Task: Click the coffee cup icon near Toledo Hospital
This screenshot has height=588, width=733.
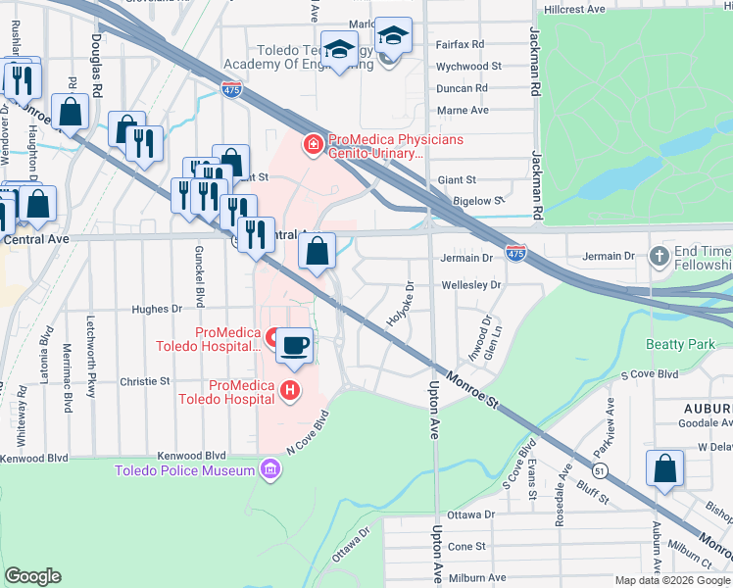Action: [294, 345]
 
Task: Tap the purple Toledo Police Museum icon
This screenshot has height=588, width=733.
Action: [269, 470]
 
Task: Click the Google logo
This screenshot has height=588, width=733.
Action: [34, 575]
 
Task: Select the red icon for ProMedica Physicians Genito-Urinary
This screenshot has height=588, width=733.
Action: [313, 146]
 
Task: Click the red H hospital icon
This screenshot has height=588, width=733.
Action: [289, 391]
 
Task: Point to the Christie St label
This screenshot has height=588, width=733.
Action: [145, 380]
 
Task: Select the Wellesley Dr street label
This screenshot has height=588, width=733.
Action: [471, 284]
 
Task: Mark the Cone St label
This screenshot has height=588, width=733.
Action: [466, 546]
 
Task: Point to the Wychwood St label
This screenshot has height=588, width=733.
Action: [468, 67]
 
